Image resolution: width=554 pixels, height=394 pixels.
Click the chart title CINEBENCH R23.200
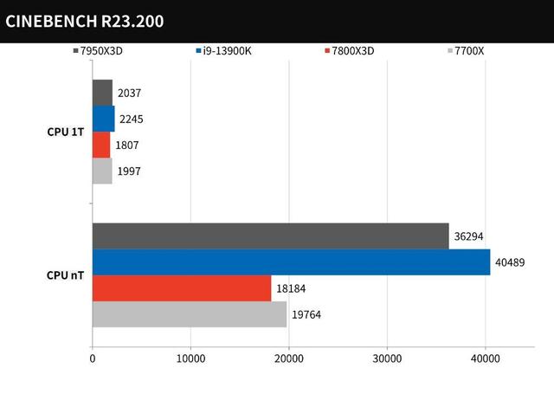tap(84, 21)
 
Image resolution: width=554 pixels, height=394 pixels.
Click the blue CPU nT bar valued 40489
tap(291, 262)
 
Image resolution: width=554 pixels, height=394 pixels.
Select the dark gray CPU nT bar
tap(270, 236)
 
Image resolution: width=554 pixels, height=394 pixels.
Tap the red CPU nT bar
tap(182, 288)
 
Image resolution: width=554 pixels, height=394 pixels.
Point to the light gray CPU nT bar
tap(190, 314)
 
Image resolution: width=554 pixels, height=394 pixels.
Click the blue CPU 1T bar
tap(103, 119)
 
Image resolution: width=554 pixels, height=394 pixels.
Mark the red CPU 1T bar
tap(101, 145)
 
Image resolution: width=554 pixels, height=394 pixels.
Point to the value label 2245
tap(131, 119)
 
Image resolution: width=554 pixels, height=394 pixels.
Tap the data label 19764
tap(306, 314)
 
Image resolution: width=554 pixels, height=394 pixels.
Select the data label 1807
tap(126, 145)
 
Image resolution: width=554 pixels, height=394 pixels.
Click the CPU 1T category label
tap(65, 132)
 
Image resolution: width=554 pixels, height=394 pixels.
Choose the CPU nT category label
tap(65, 275)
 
